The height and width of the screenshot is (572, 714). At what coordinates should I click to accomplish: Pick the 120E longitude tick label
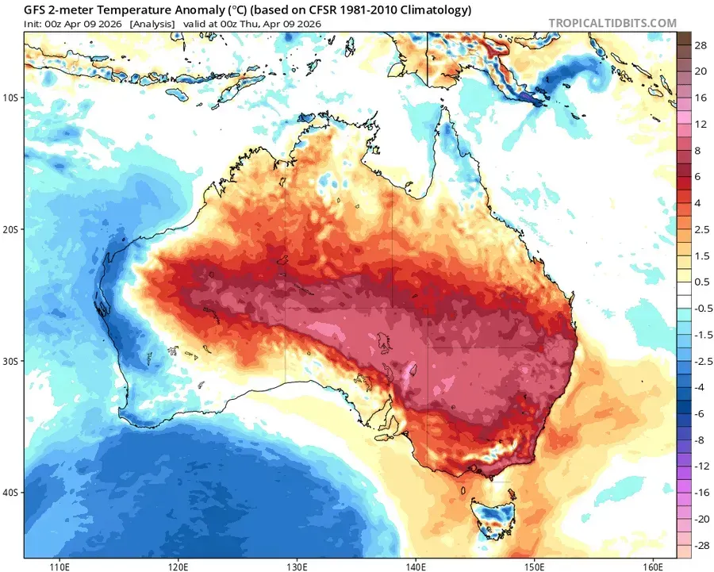[x=178, y=566]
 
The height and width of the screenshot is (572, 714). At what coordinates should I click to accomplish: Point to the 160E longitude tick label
[x=652, y=566]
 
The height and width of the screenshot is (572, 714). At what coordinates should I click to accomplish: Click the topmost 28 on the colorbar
[x=700, y=47]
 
